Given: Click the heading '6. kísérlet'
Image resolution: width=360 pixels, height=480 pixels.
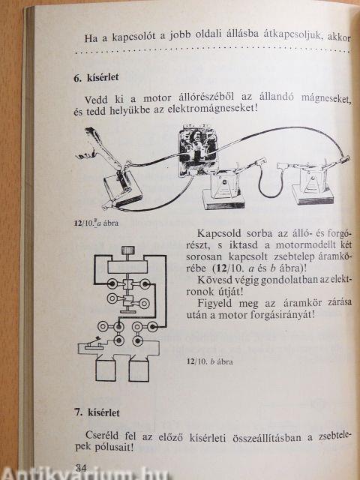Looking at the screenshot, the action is click(96, 78).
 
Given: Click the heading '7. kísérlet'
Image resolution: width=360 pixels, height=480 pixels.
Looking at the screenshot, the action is click(97, 412).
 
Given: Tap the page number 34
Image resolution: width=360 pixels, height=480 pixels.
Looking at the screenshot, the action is click(81, 467).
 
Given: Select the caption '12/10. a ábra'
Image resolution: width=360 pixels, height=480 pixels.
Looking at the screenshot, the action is click(96, 223).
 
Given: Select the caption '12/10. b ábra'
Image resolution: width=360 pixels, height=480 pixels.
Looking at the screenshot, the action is click(210, 361).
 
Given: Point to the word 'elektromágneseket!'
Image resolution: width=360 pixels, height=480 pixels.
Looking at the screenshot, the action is click(213, 109).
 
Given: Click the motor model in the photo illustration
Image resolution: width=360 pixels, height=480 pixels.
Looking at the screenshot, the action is click(197, 150).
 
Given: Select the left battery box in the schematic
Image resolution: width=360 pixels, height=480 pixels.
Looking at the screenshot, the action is click(106, 370).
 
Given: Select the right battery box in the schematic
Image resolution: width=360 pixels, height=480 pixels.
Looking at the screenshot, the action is click(139, 370).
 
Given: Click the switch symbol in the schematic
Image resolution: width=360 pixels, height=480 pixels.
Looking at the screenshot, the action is click(93, 343).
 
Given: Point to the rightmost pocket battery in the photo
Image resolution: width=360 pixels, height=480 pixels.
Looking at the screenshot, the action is click(312, 185).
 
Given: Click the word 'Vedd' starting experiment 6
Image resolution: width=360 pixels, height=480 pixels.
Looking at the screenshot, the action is click(96, 100).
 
